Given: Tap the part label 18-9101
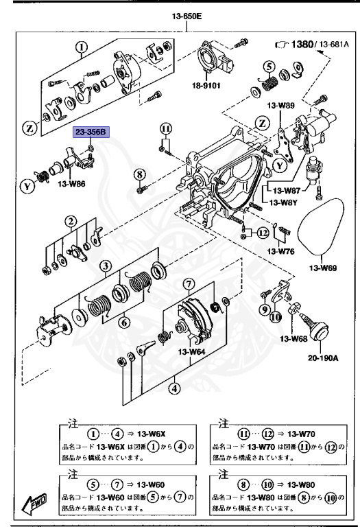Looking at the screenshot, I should coord(206,87).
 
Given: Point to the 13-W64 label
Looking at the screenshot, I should coord(193,353).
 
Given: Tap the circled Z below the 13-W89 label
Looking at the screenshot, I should coord(261,124).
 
